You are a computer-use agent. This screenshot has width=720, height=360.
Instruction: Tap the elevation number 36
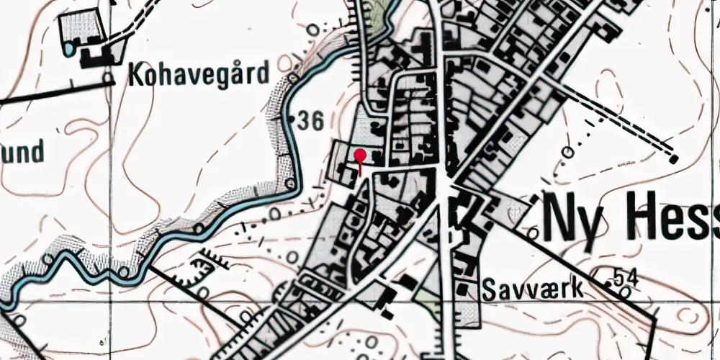tap(310, 121)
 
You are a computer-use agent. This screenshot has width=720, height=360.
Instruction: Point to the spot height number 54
tap(627, 276)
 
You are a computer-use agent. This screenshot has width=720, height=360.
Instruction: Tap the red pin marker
tap(360, 154)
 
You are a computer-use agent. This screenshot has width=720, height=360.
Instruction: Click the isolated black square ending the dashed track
tap(674, 159)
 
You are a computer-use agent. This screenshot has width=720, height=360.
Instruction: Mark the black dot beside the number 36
tap(291, 116)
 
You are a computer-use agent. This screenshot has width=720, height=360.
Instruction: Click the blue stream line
tap(216, 216)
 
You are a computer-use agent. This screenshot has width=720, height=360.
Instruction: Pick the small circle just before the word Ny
tap(533, 232)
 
